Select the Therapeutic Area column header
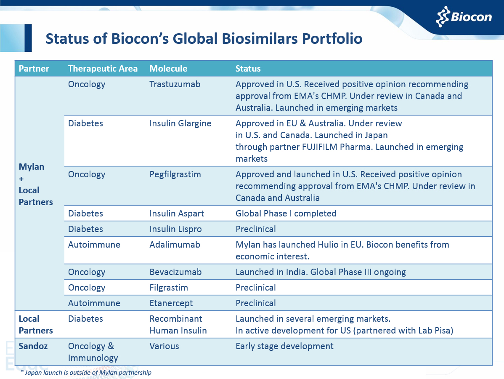point(103,69)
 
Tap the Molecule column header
point(168,69)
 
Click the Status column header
point(248,69)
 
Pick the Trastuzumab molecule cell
point(175,84)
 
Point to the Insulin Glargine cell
point(180,123)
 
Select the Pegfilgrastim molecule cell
point(175,174)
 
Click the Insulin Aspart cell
point(177,214)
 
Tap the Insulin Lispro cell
point(175,229)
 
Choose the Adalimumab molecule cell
point(175,245)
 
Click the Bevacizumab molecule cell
point(175,272)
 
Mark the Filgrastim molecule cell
point(169,288)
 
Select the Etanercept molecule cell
point(171,303)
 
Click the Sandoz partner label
point(33,346)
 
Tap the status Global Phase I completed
point(286,214)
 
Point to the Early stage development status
point(284,346)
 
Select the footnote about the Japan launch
point(86,372)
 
